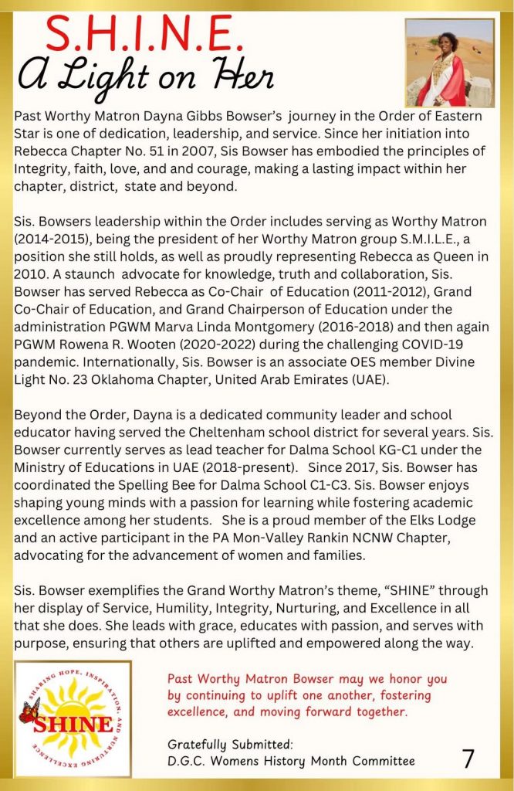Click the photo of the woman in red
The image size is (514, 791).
[x=449, y=63]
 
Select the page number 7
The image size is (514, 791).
[x=468, y=760]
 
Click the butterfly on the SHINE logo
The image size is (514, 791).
[x=30, y=709]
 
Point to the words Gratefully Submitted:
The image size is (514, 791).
[x=230, y=745]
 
